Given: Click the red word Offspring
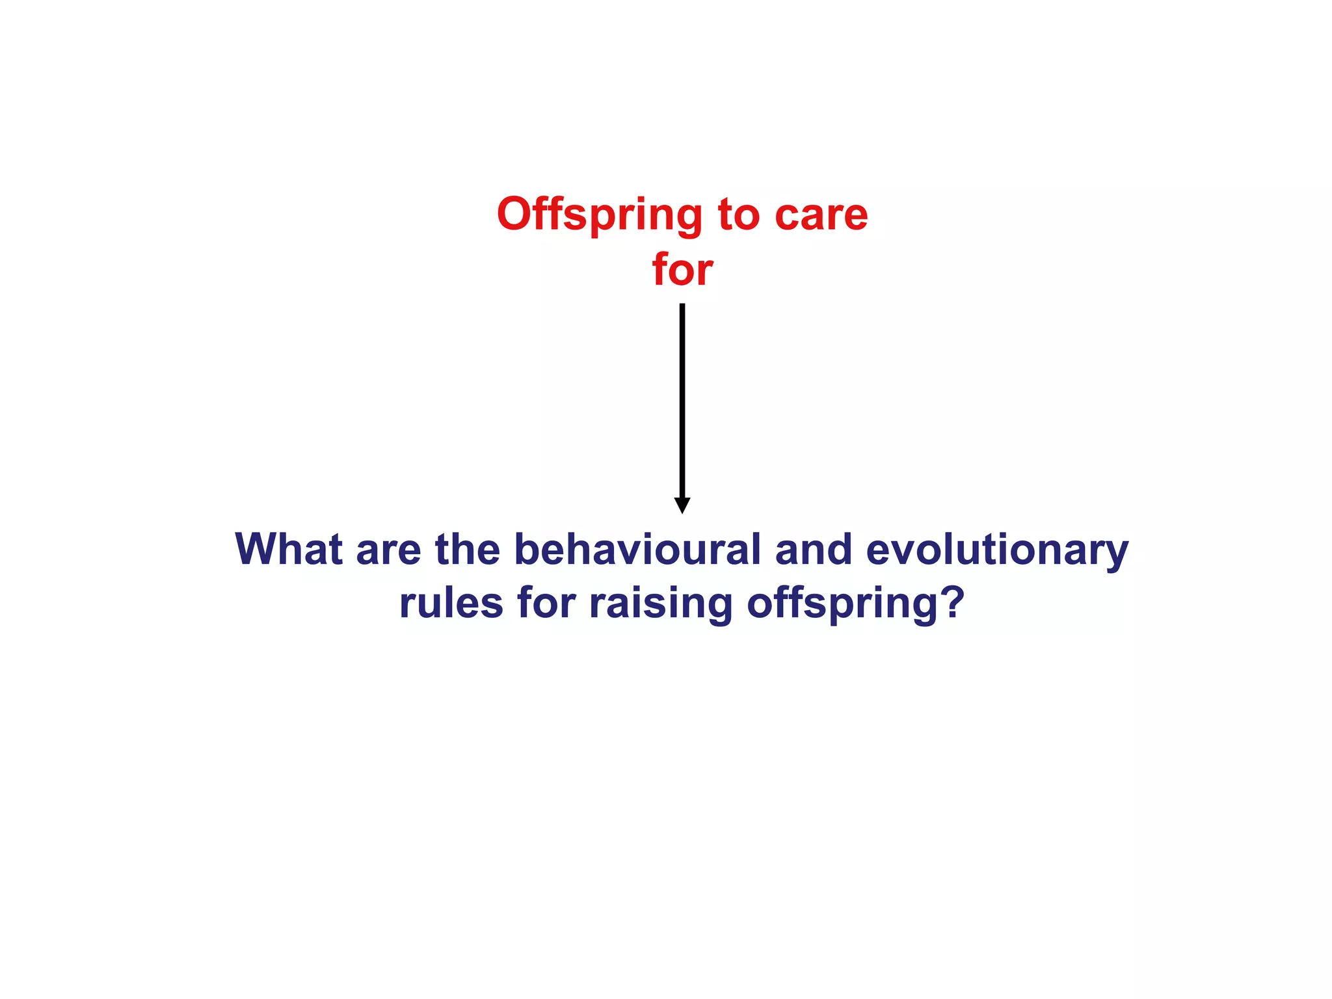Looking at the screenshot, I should point(599,215).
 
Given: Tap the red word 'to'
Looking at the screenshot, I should point(738,215).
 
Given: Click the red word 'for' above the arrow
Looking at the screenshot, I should point(682,270).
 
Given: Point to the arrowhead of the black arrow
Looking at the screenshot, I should point(682,505).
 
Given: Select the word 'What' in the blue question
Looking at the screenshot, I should point(288,550).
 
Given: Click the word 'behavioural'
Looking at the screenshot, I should point(637,550).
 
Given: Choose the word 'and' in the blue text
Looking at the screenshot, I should point(814,550).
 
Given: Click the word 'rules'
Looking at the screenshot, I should point(451,604).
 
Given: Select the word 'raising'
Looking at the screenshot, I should point(661,604).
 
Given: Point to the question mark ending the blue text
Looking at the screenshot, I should point(952,602).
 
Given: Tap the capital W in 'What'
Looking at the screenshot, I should point(257,550).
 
